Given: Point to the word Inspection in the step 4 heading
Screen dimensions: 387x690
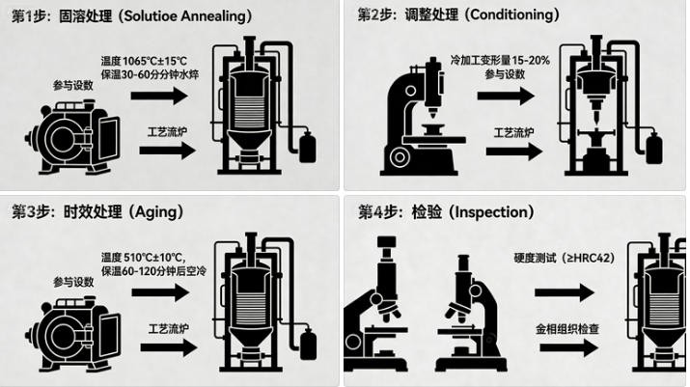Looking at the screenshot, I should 490,210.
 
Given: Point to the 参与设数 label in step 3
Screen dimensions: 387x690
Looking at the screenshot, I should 73,281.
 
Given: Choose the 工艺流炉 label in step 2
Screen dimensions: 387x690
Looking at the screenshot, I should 515,131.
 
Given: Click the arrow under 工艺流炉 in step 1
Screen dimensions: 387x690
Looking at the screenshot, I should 166,152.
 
